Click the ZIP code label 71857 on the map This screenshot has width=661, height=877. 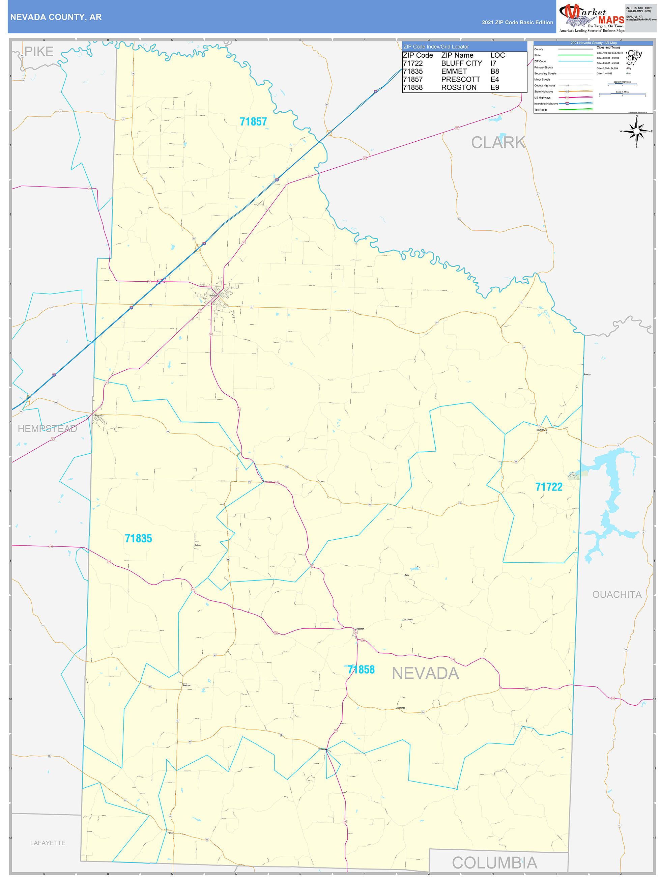click(253, 122)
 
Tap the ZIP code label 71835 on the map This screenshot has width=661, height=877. click(138, 538)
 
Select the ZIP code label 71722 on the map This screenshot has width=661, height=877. click(549, 487)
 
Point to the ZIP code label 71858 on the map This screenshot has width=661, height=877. click(361, 670)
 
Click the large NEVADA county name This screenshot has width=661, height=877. click(425, 674)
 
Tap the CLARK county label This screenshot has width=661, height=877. click(498, 143)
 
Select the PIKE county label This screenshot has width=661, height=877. click(39, 52)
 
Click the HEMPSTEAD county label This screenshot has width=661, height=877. click(47, 429)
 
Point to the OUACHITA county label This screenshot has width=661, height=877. click(616, 595)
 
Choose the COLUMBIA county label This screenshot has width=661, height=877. click(494, 863)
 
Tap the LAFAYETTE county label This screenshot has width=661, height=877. click(48, 843)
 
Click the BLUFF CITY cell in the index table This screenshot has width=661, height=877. click(461, 63)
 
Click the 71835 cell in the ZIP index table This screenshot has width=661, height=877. click(412, 72)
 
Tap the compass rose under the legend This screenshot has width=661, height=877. click(636, 131)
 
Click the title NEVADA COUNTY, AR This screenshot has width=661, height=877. click(56, 17)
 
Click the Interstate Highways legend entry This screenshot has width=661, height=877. click(546, 104)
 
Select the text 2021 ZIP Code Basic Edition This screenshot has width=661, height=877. click(517, 23)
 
